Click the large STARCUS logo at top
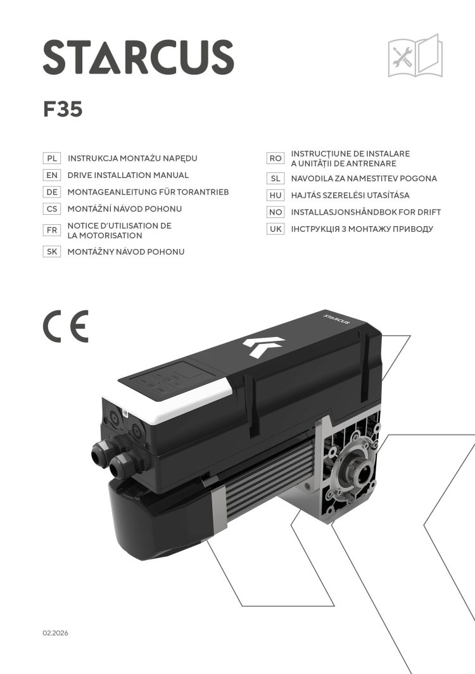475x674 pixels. pos(138,56)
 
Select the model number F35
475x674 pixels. pos(63,110)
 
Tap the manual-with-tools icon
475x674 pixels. pos(414,56)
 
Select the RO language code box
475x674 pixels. pos(275,158)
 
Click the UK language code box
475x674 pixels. pos(275,229)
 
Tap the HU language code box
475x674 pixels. pos(275,196)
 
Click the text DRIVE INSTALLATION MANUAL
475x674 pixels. pos(128,175)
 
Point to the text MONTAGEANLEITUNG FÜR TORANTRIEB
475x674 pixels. pos(148,192)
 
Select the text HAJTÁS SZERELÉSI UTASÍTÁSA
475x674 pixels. pos(350,196)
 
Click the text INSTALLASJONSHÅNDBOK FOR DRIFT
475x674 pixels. pos(365,212)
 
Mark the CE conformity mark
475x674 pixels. pos(66,327)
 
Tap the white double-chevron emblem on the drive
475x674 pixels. pos(263,347)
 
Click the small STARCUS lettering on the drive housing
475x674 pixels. pos(338,317)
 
